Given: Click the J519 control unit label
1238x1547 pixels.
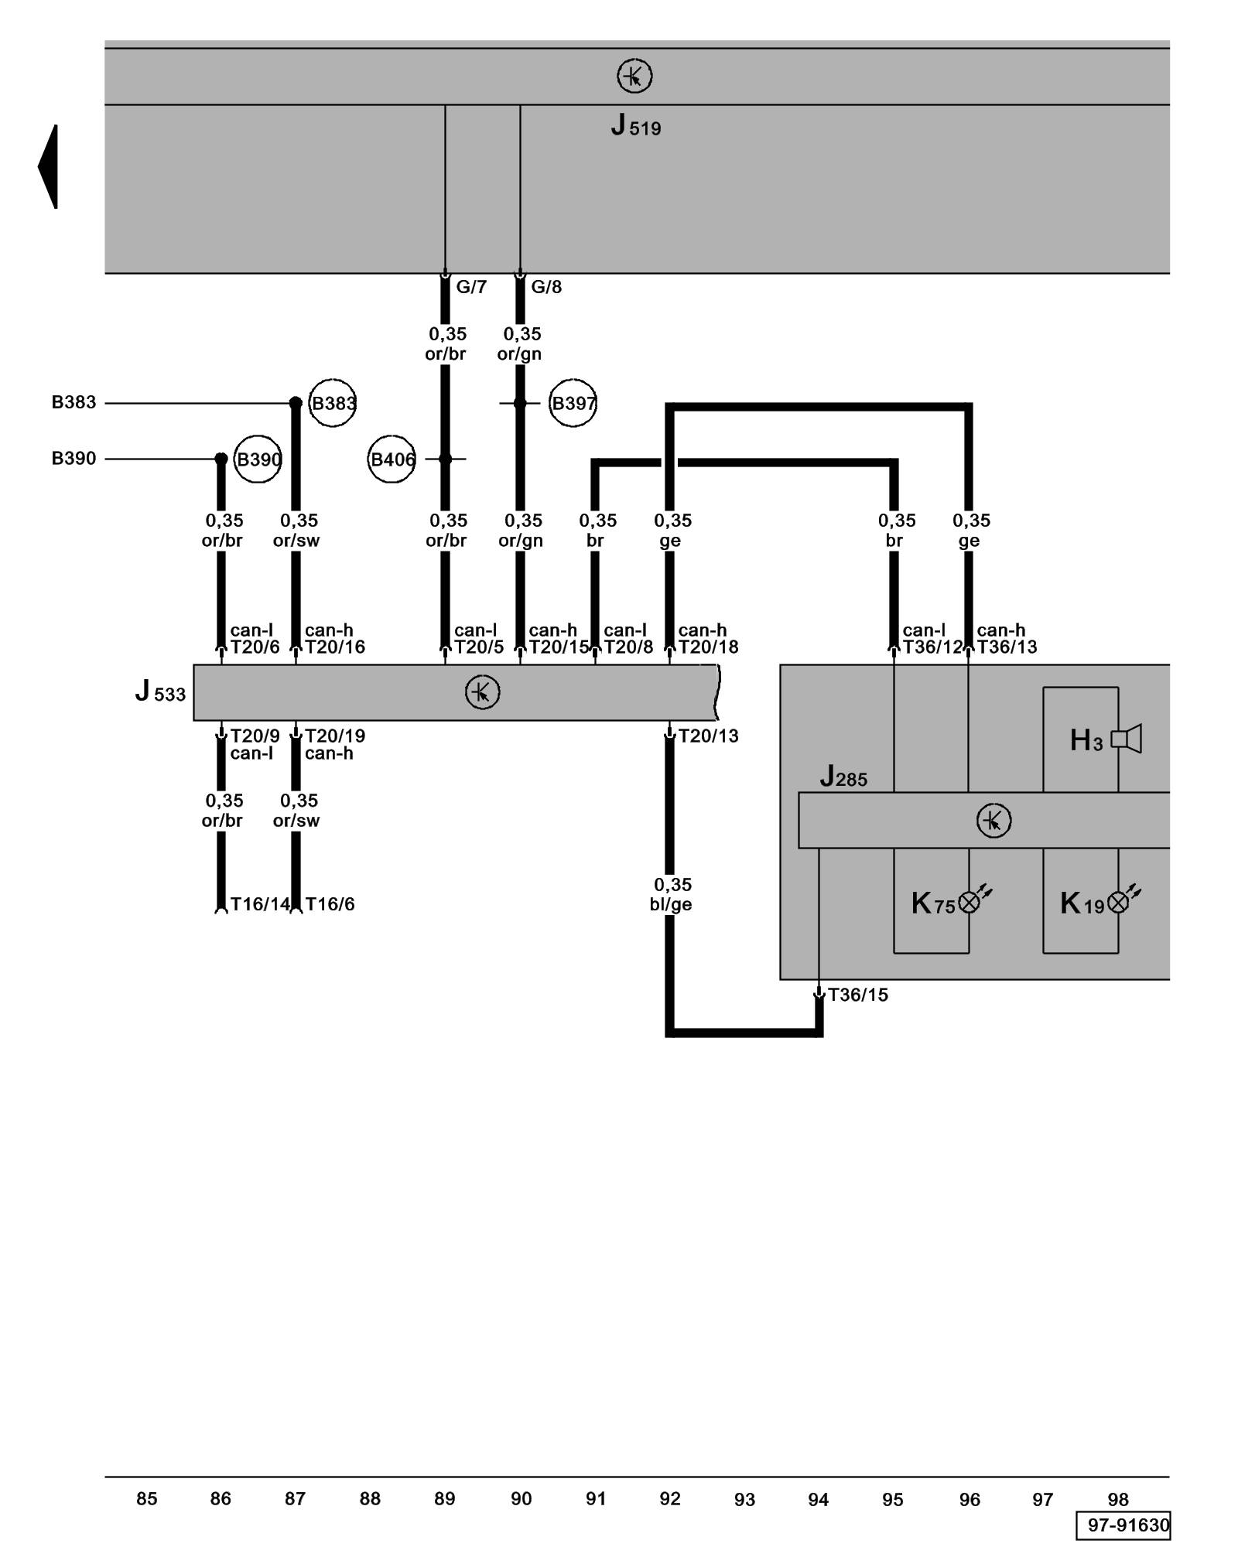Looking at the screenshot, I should click(636, 125).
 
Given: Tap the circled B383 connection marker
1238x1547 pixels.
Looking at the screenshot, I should click(333, 403).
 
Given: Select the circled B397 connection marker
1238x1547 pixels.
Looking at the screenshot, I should click(573, 403).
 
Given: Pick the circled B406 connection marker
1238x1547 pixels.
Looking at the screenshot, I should click(392, 459).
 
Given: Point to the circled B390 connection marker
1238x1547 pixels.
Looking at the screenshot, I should click(258, 459).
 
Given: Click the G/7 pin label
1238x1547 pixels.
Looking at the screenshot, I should click(470, 287).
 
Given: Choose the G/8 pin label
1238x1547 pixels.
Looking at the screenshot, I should click(545, 287).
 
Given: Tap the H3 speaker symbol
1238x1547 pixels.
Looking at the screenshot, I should click(1127, 739).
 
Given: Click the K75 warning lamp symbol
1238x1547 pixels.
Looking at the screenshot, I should click(970, 902).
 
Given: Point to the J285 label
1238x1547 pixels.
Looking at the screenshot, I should click(843, 777).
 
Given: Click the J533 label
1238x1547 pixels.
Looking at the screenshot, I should click(161, 692).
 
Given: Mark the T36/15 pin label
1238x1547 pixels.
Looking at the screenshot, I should click(857, 995).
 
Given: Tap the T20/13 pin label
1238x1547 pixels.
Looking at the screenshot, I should click(708, 736).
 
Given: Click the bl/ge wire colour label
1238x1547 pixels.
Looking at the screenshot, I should click(671, 904).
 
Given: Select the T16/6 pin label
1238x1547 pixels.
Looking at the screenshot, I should click(330, 904).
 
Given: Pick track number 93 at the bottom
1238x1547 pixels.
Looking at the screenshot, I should click(744, 1500).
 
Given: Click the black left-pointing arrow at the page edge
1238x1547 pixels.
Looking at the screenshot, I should click(49, 166).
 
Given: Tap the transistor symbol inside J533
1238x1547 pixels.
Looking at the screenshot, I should click(482, 692).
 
